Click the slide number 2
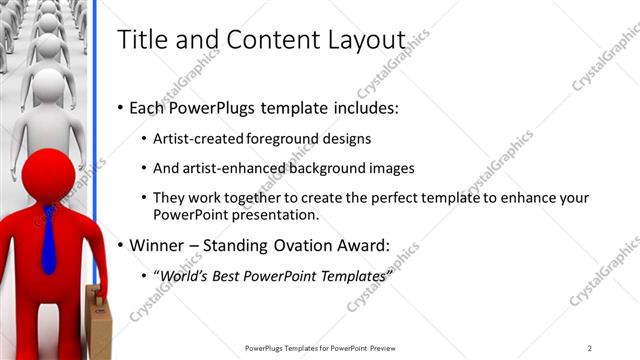590,348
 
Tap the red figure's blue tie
48,240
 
